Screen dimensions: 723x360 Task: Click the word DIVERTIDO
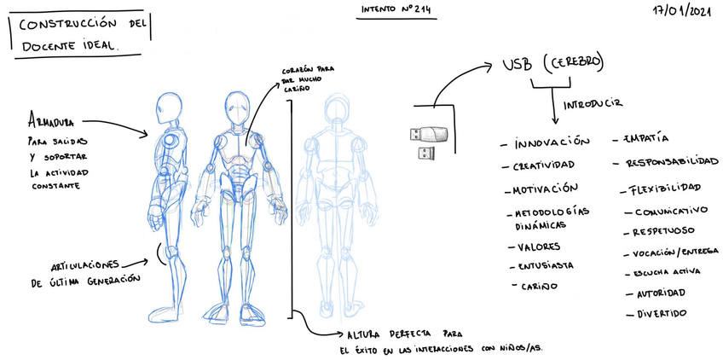click(x=661, y=313)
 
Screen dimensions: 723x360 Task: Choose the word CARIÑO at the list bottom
click(x=541, y=287)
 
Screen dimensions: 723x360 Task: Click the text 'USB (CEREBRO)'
click(x=553, y=64)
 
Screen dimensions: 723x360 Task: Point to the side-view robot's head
click(x=168, y=108)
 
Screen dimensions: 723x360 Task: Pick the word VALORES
click(x=539, y=247)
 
